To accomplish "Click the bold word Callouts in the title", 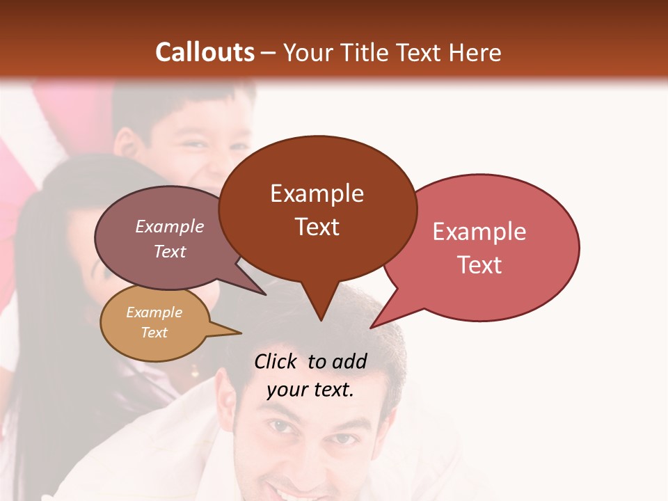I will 205,52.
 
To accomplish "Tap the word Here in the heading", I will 476,53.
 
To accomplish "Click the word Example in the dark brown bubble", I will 317,193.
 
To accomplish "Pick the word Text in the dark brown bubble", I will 317,227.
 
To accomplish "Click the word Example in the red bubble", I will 479,232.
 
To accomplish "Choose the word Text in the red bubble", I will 479,265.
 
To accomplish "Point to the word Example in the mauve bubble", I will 169,226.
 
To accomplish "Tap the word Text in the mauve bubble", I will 169,251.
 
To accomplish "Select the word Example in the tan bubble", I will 154,312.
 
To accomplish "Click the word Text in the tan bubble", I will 154,333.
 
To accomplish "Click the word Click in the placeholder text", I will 277,361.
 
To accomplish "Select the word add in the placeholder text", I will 350,361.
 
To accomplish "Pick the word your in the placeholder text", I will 286,390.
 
